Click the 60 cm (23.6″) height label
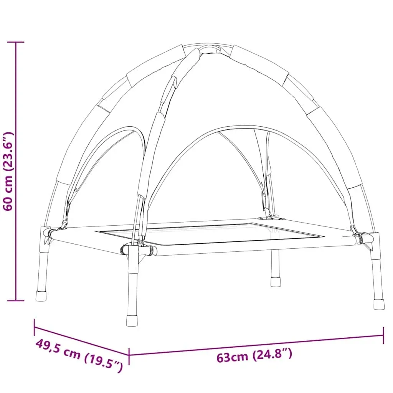coord(8,171)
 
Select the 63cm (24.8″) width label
coord(254,355)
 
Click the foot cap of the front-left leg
coord(132,320)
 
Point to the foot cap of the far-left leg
coord(41,296)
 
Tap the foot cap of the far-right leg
coord(379,304)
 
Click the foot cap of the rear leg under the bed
coord(275,282)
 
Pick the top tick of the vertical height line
coord(16,42)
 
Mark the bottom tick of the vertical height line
coord(16,300)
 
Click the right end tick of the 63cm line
coord(383,335)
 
